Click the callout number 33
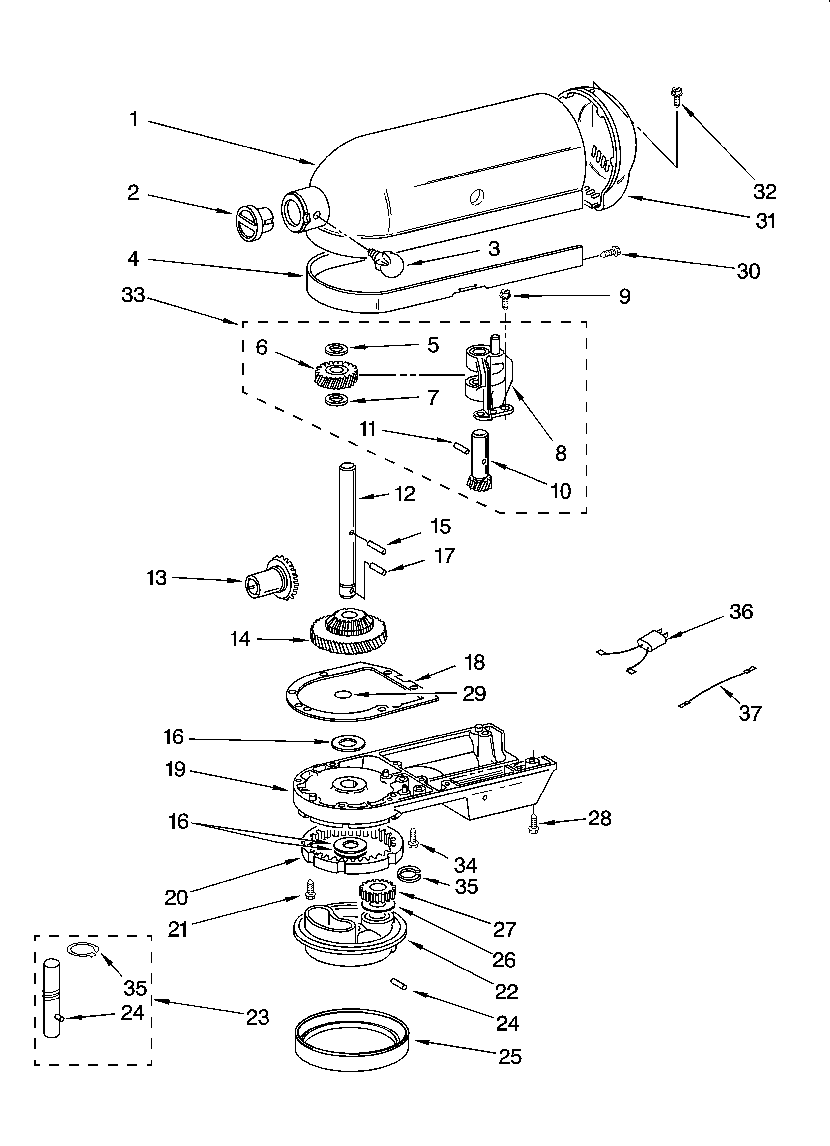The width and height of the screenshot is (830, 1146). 133,295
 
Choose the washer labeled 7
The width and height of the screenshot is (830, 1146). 337,400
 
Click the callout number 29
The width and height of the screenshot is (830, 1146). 474,694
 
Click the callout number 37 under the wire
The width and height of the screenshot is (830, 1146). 750,713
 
